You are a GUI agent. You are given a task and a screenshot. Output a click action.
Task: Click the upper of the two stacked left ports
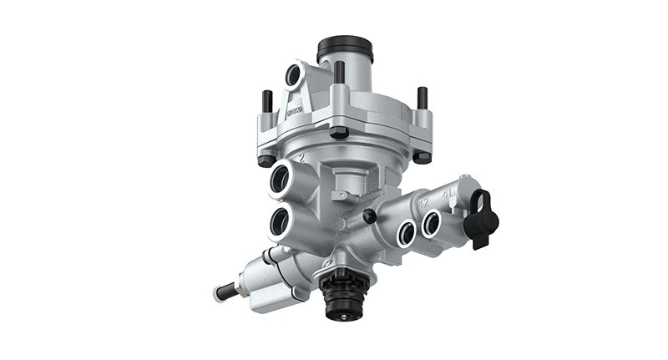[x=280, y=179]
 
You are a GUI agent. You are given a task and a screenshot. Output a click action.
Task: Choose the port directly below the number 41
[x=431, y=223]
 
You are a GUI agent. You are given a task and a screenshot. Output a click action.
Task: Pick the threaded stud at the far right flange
[x=423, y=98]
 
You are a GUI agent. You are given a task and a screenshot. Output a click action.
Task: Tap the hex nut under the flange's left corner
[x=266, y=160]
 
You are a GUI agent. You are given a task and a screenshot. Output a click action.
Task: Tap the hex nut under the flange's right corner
[x=423, y=156]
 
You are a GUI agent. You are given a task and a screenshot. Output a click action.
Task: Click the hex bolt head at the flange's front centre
[x=338, y=132]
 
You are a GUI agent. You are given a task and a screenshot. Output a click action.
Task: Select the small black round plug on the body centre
[x=367, y=216]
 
